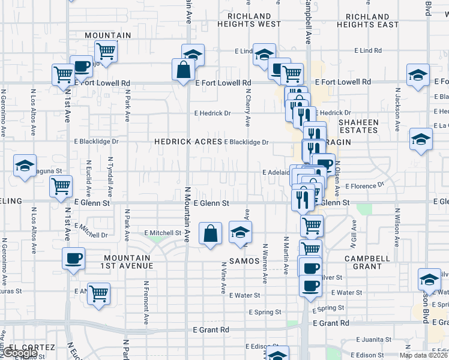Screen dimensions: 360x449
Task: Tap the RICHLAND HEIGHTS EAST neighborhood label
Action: click(x=367, y=20)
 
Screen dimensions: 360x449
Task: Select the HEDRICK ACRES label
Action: click(x=188, y=142)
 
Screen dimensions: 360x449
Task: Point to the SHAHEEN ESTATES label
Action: click(x=359, y=126)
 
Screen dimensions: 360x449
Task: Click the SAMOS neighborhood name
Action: click(x=244, y=261)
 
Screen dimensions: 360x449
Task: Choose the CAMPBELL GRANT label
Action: click(x=363, y=262)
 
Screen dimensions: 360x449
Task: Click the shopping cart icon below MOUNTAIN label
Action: click(x=106, y=52)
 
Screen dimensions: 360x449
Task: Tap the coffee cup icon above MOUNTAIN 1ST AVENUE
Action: click(x=74, y=259)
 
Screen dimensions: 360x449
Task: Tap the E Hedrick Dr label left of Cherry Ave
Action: click(x=212, y=113)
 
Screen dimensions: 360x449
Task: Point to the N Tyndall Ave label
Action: click(x=110, y=178)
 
